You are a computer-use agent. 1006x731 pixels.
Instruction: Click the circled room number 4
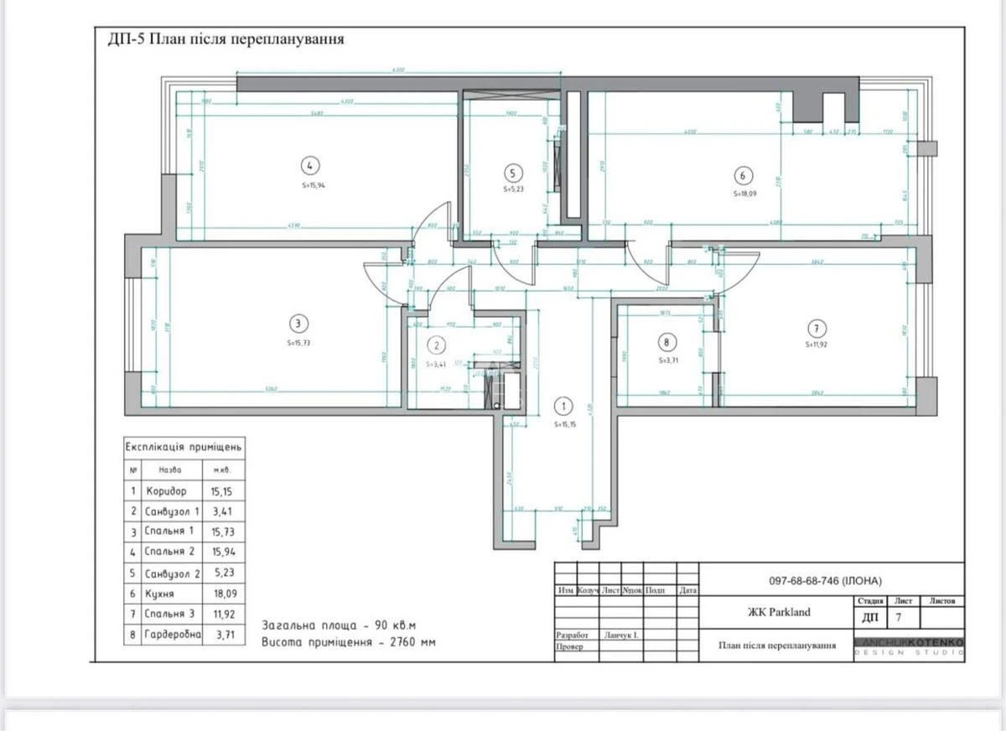[x=310, y=165]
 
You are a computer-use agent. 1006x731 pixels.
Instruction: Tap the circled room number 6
[x=742, y=175]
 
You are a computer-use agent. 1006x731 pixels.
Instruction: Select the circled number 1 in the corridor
[x=564, y=407]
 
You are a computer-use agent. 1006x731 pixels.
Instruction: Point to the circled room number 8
[x=666, y=342]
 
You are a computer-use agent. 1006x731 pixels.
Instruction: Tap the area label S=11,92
[x=817, y=344]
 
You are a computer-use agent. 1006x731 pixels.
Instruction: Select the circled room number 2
[x=437, y=345]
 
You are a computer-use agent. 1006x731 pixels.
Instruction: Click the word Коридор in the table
[x=166, y=491]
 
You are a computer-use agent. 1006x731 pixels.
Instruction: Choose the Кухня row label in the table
[x=160, y=594]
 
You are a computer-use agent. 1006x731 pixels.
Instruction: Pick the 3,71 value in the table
[x=225, y=635]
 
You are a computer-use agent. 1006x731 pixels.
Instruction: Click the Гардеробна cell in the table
[x=173, y=635]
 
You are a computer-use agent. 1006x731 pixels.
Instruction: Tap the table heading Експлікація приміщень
[x=184, y=447]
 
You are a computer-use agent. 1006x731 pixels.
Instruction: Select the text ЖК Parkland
[x=779, y=612]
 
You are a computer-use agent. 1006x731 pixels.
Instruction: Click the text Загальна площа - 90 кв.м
[x=339, y=625]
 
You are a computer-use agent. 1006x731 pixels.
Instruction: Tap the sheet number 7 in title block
[x=899, y=618]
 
